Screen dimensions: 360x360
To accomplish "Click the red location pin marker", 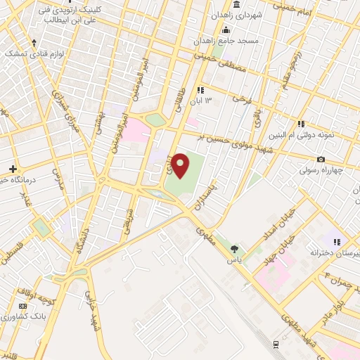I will pyautogui.click(x=181, y=165).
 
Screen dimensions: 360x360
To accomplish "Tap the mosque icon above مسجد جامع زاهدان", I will pyautogui.click(x=226, y=30).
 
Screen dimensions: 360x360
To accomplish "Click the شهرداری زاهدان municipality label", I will pyautogui.click(x=240, y=15).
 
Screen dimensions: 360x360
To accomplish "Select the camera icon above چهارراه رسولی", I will pyautogui.click(x=321, y=159).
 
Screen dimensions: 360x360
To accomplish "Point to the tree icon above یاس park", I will pyautogui.click(x=234, y=248).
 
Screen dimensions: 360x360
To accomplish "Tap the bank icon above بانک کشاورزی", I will pyautogui.click(x=23, y=307).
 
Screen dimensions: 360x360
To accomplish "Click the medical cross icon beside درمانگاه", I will pyautogui.click(x=13, y=169).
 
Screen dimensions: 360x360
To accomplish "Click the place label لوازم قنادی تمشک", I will pyautogui.click(x=34, y=53).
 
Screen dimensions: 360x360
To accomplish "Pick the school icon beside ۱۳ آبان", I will pyautogui.click(x=200, y=90).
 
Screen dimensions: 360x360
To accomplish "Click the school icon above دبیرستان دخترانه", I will pyautogui.click(x=336, y=240).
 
